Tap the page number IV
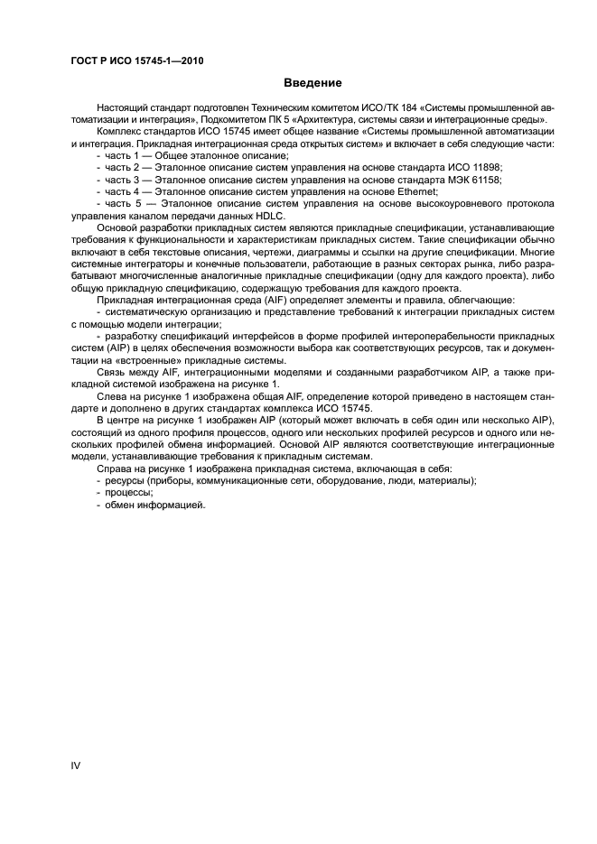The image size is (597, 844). click(x=76, y=765)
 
